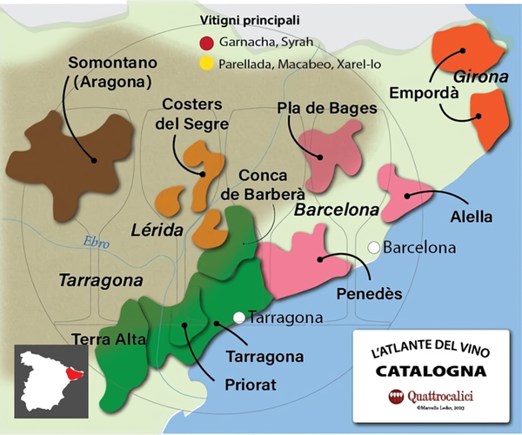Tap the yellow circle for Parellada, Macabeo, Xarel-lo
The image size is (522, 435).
206,63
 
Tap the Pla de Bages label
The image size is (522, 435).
326,108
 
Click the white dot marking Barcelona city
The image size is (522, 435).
373,247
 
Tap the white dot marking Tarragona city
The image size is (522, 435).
239,318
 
